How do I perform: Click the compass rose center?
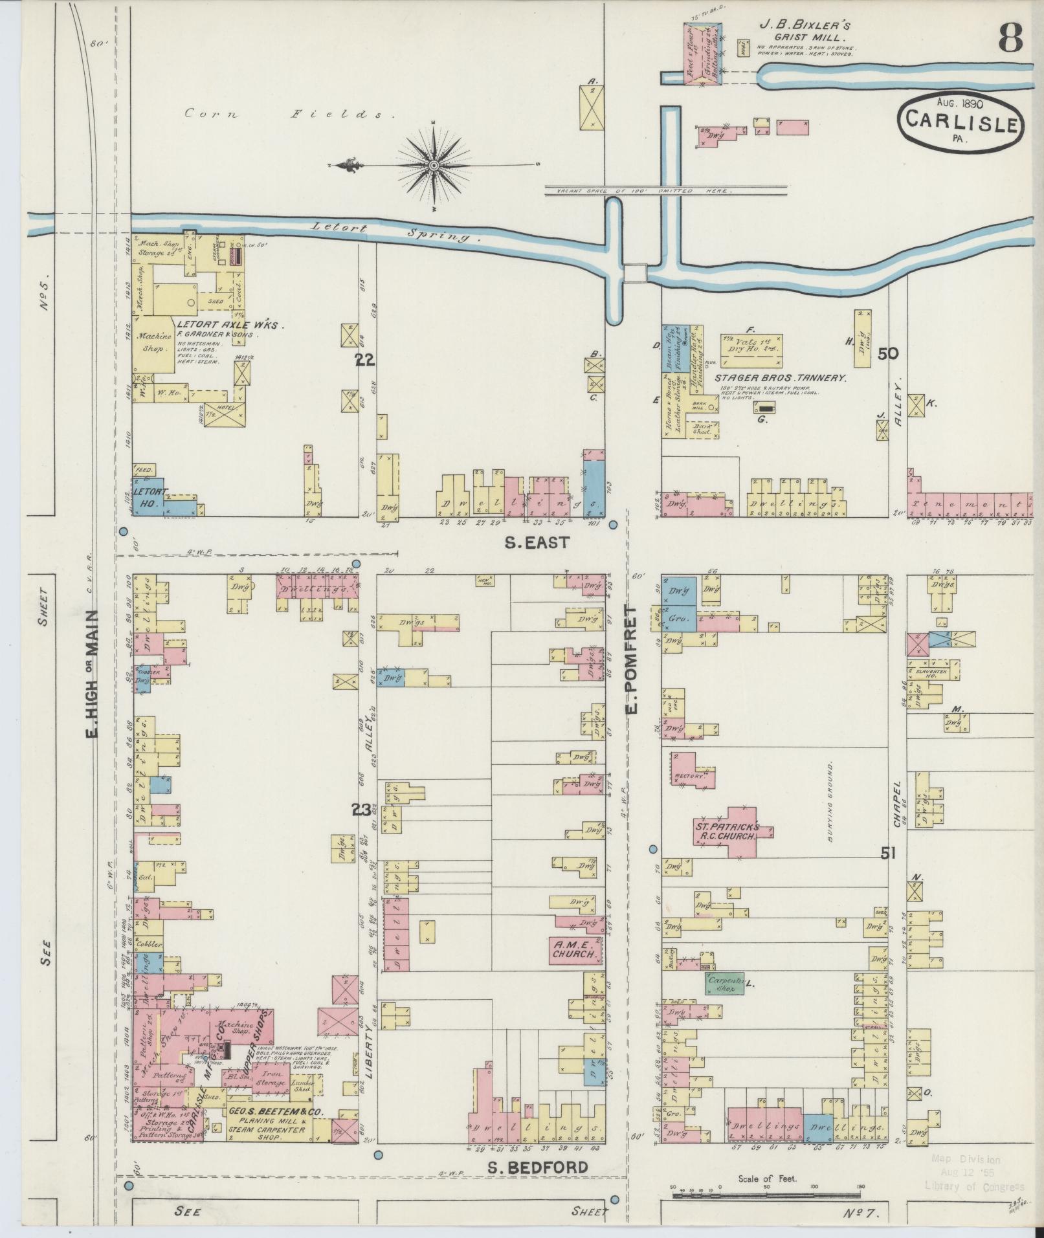tap(433, 166)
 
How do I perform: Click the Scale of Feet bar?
tap(767, 1195)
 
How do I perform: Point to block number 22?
tap(365, 360)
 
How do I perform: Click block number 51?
tap(887, 854)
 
